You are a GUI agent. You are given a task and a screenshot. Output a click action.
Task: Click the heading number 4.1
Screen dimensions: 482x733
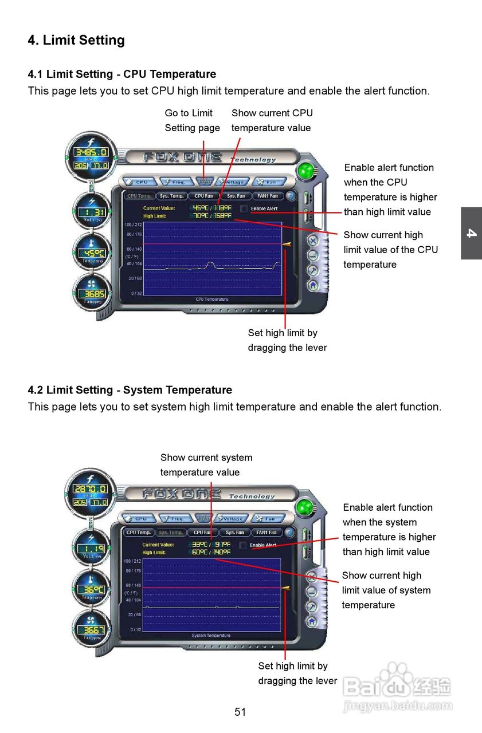36,74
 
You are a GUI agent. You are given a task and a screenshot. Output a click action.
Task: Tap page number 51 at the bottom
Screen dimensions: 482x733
240,712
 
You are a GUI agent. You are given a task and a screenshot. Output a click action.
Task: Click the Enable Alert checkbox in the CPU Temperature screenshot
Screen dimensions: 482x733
244,209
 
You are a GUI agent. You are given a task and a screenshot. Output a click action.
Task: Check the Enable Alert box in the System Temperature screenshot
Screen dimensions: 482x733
242,545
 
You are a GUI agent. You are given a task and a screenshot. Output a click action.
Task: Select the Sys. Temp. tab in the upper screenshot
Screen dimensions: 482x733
172,196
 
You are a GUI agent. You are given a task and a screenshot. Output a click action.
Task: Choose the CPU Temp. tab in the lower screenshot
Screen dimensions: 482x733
139,532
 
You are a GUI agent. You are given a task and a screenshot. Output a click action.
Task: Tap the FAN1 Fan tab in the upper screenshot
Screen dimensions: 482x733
268,196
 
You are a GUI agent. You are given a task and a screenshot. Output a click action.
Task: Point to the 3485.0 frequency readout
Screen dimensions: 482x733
92,152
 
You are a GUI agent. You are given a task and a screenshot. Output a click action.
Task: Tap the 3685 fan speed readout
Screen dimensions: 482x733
92,294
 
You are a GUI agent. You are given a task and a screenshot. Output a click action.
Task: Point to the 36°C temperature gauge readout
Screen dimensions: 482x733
92,589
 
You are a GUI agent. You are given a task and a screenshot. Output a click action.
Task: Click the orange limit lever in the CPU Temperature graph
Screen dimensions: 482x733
287,245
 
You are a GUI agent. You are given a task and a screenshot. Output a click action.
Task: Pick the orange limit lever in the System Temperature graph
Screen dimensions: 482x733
285,588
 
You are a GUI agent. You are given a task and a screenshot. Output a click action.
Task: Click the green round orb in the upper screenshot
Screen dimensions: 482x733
307,171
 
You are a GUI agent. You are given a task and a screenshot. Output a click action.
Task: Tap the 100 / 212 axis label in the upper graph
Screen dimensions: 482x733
133,224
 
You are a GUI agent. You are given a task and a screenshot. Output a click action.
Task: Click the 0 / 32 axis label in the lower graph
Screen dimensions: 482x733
135,629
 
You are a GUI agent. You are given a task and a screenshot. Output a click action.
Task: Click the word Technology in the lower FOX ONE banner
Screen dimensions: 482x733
252,496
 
